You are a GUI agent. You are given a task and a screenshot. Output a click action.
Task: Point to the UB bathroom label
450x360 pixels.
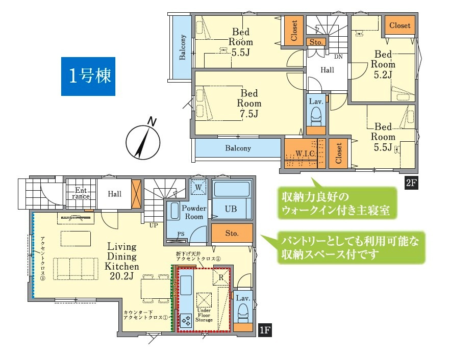231,209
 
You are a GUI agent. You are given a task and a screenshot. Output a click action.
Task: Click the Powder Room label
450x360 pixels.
193,213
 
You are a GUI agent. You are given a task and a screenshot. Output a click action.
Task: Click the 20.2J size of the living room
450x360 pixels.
122,276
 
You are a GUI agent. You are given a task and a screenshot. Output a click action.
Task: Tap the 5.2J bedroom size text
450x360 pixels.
383,74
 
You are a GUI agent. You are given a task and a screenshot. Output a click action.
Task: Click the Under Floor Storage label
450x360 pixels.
204,315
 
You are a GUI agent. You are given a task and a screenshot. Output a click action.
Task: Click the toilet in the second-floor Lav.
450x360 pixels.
316,118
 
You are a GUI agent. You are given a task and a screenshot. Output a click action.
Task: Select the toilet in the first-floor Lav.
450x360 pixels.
243,312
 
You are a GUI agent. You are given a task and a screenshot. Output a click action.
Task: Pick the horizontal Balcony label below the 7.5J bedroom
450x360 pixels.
238,148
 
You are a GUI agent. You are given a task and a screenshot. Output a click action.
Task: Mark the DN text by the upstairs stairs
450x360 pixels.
338,57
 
